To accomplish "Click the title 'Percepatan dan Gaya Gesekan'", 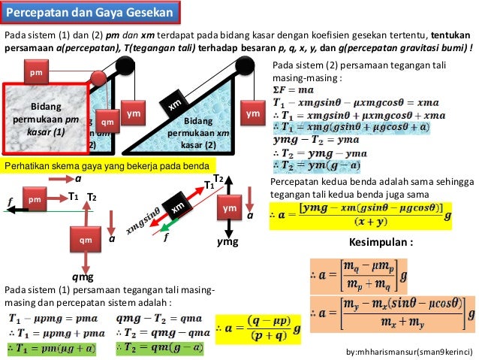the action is click(x=91, y=14).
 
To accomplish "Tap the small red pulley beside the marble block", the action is click(x=98, y=78).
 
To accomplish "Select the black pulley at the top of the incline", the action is click(x=244, y=66).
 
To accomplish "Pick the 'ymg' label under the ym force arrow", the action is click(x=227, y=242).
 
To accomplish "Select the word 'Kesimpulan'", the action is click(x=382, y=244).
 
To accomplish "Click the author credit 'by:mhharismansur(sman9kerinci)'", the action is click(x=410, y=352).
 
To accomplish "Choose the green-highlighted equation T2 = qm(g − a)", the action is click(x=160, y=346).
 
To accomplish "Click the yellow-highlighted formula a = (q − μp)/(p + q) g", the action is click(x=260, y=329).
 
